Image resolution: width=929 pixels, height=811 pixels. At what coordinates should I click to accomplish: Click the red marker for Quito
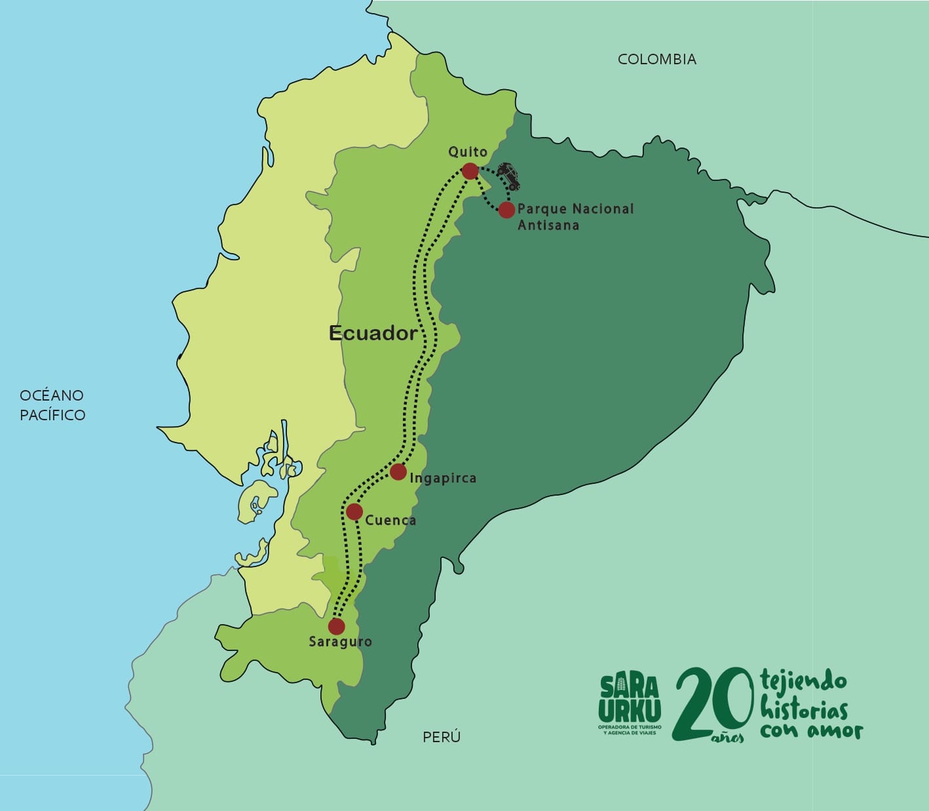(x=470, y=171)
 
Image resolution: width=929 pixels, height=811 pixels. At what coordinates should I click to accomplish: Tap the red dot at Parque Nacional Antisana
(x=506, y=210)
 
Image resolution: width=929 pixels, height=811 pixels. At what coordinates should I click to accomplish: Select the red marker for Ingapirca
(x=398, y=471)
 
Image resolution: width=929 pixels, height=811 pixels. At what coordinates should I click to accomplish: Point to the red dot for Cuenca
(x=354, y=511)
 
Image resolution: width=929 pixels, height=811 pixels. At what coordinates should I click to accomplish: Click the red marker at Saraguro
(x=336, y=625)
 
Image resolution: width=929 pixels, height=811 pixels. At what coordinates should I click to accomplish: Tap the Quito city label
(x=468, y=151)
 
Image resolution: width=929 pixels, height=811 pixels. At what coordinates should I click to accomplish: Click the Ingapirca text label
(x=443, y=478)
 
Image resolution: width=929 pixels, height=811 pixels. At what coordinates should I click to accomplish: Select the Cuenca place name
(x=390, y=520)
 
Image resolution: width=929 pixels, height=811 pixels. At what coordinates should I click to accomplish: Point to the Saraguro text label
(x=340, y=642)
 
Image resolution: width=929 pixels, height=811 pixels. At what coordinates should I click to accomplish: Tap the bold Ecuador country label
(x=373, y=333)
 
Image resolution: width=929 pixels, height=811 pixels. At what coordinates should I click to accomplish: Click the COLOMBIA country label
(x=657, y=59)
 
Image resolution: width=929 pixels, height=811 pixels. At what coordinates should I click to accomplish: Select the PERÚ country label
(x=442, y=737)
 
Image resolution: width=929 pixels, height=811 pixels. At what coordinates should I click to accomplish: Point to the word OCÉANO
(x=52, y=395)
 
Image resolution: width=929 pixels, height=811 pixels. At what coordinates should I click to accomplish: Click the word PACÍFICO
(x=52, y=415)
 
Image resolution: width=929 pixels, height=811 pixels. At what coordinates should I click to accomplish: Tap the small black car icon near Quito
(x=508, y=176)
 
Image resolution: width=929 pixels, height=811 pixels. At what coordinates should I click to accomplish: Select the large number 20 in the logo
(x=713, y=703)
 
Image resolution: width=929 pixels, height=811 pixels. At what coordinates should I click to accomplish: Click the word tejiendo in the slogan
(x=803, y=682)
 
